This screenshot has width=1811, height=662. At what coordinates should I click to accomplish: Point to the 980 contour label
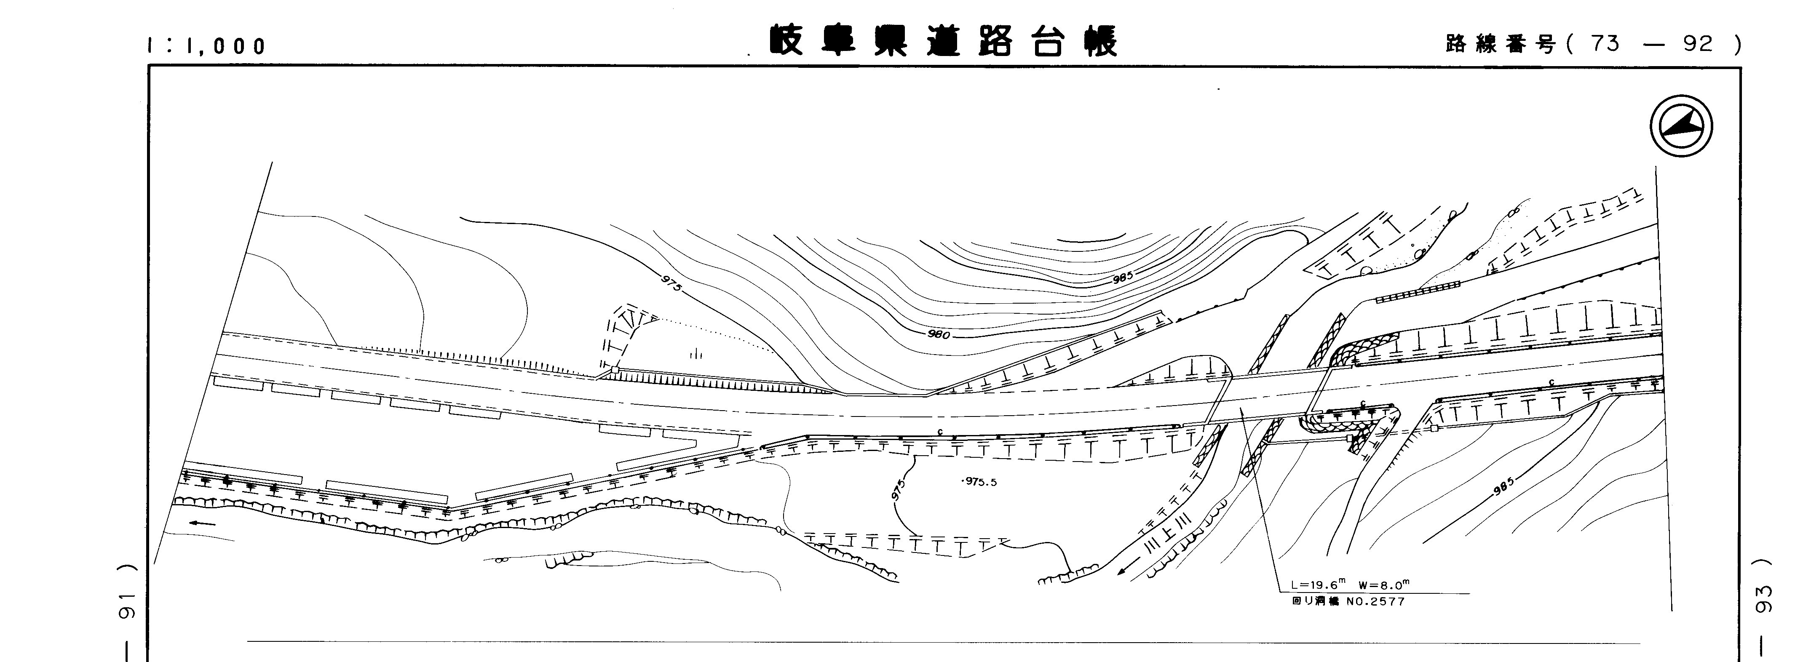pyautogui.click(x=939, y=334)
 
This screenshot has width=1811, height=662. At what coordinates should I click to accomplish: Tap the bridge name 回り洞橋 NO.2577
pyautogui.click(x=1339, y=601)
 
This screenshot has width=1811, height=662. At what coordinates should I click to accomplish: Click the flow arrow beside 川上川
pyautogui.click(x=1129, y=570)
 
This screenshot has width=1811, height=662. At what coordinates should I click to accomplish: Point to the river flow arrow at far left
pyautogui.click(x=203, y=523)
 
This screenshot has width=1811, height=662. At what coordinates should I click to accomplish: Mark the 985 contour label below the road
pyautogui.click(x=1502, y=486)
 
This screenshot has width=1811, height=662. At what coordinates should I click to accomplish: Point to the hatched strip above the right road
pyautogui.click(x=1417, y=292)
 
